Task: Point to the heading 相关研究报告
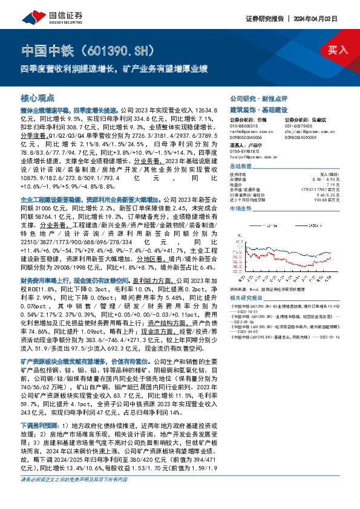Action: coord(243,298)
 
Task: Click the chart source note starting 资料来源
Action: coord(266,290)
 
